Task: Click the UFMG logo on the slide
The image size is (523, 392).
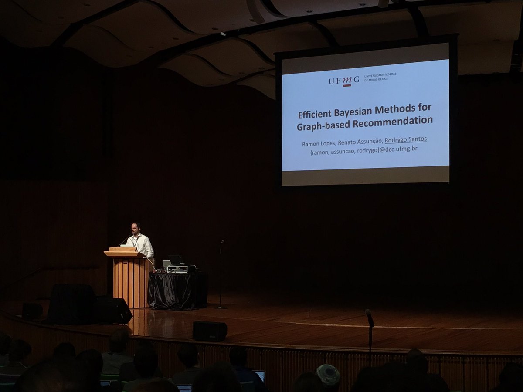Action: (x=344, y=81)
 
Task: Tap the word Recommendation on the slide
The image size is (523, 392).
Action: (x=393, y=122)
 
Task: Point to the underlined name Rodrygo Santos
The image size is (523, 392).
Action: (x=405, y=140)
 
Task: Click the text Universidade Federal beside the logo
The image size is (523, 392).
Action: (x=380, y=75)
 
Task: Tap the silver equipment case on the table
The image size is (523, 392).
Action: (x=177, y=269)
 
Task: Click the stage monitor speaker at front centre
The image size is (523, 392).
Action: (x=210, y=331)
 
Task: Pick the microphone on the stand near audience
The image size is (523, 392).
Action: (x=369, y=317)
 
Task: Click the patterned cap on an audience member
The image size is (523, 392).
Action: (x=328, y=374)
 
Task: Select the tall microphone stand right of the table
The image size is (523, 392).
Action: (x=221, y=274)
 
